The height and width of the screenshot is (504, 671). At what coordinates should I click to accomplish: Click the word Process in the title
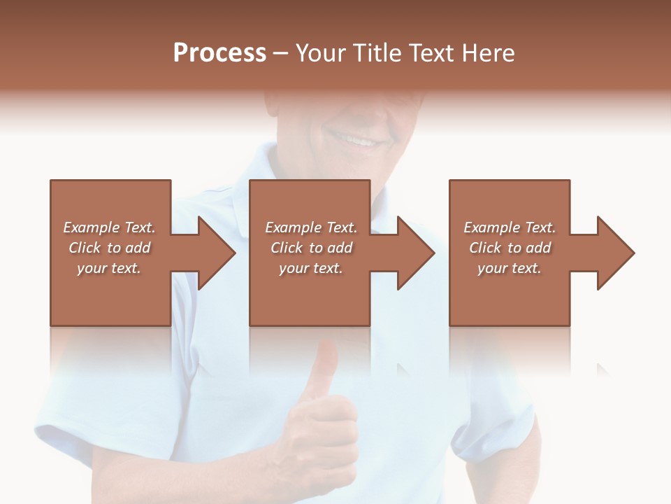(x=219, y=53)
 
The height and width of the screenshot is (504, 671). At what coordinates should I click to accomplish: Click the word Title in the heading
(x=375, y=53)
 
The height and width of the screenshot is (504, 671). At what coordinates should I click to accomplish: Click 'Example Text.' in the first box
(x=109, y=227)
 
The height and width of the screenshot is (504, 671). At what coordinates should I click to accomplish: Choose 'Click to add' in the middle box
(x=311, y=248)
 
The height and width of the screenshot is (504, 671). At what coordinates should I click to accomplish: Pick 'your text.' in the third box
(x=509, y=268)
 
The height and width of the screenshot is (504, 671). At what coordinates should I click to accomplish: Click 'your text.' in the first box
(x=109, y=268)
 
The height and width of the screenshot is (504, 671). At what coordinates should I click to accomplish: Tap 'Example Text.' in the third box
(x=510, y=227)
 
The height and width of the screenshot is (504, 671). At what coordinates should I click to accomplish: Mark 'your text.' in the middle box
(x=310, y=268)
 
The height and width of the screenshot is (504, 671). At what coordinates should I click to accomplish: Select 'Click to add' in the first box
(x=109, y=248)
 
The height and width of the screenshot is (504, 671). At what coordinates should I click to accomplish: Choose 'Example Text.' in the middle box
(x=311, y=227)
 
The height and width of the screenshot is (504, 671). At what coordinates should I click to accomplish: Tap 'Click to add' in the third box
(x=510, y=248)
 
